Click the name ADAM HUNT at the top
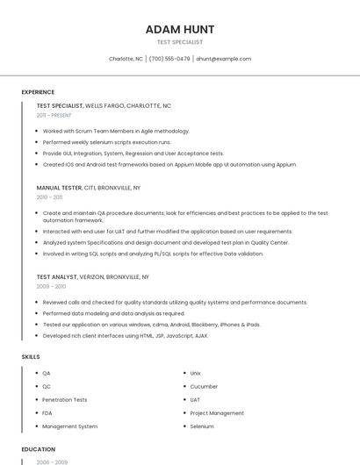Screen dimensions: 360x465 (179, 30)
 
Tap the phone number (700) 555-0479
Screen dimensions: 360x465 (169, 59)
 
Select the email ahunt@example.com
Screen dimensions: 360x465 (223, 59)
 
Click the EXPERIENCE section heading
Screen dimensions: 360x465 (38, 92)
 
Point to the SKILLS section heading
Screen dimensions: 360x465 (31, 357)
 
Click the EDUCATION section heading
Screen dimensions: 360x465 (39, 449)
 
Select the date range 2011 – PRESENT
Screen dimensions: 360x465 (54, 115)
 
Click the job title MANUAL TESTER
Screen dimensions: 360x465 (59, 188)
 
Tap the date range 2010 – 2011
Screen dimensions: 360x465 (49, 197)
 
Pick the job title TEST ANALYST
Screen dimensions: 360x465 (57, 276)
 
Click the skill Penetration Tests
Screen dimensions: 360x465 (65, 399)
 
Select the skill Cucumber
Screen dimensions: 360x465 (205, 386)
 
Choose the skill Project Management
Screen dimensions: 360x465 (217, 412)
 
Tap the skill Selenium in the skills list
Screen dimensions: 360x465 (202, 426)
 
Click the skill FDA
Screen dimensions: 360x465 (47, 412)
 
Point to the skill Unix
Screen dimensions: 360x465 (196, 373)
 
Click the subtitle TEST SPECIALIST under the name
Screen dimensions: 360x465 (179, 42)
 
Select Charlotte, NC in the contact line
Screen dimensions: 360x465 (126, 59)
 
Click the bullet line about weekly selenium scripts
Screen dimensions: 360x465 (106, 142)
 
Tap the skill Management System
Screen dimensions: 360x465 (70, 426)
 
